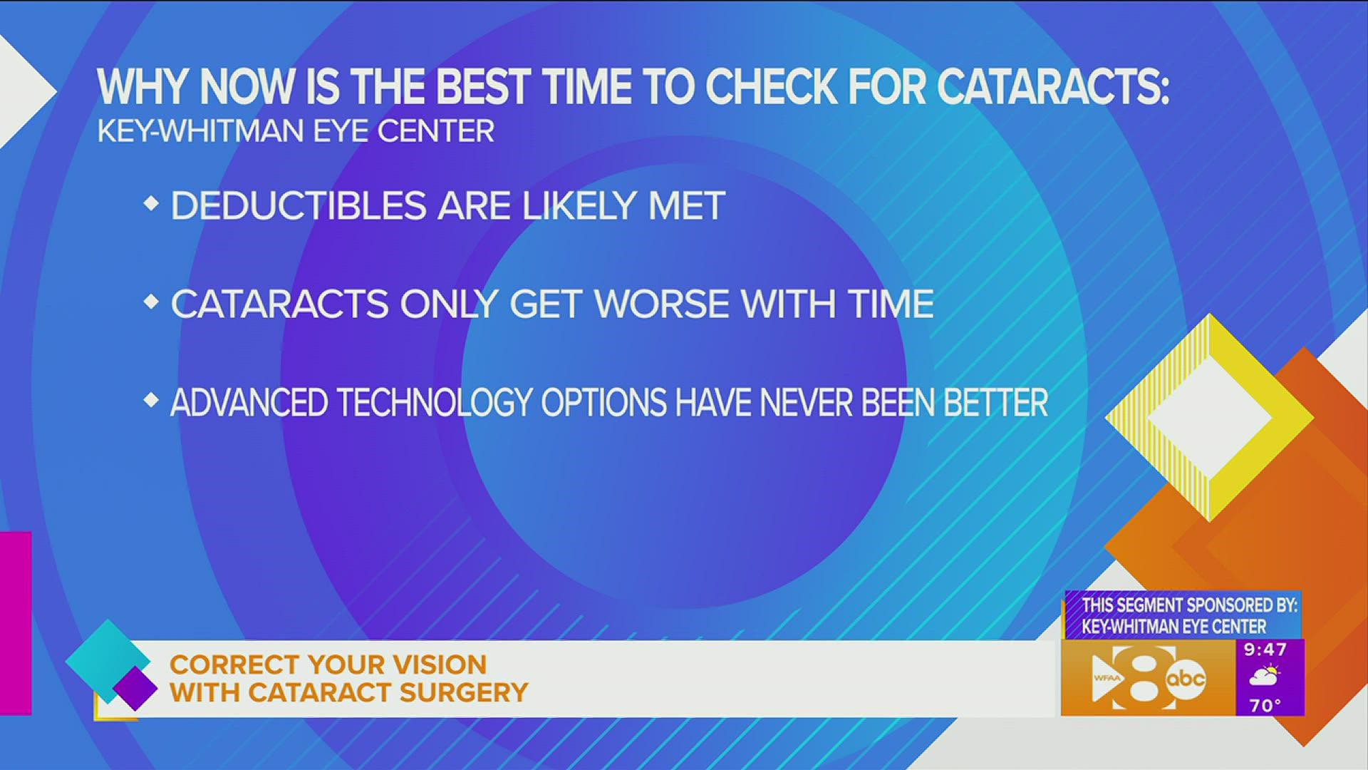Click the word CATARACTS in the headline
coord(1052,88)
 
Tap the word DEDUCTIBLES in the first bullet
coord(298,206)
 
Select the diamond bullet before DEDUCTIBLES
coord(150,205)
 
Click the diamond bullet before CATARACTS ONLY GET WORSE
coord(150,302)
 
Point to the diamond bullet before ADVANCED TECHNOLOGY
coord(150,401)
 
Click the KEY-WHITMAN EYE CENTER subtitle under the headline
coord(295,131)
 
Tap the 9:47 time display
coord(1265,650)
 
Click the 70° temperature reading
coord(1265,705)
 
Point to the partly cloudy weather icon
coord(1265,676)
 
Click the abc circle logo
coord(1186,678)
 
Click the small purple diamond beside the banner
coord(135,689)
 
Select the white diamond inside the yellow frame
coord(1210,418)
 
